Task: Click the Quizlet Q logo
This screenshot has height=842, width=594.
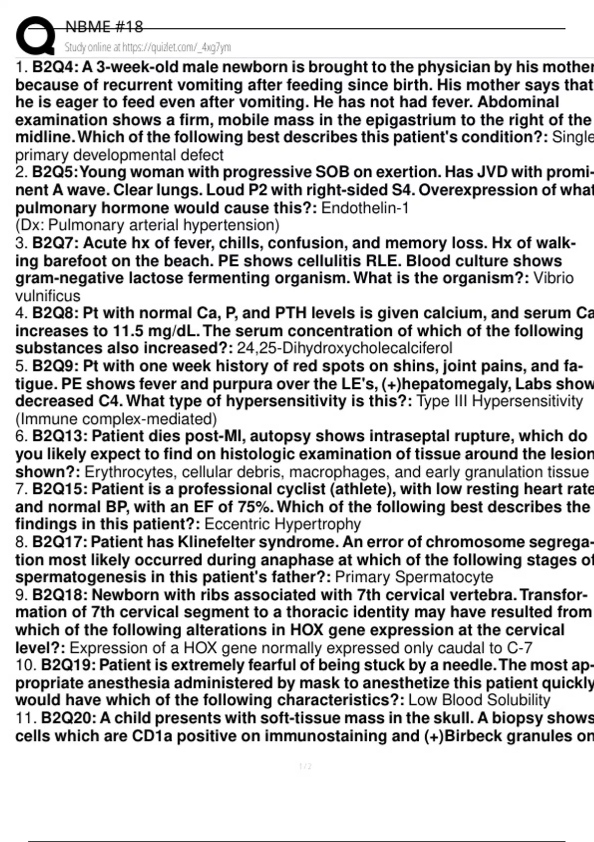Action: pos(35,36)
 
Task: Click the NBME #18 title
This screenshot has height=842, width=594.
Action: pos(104,26)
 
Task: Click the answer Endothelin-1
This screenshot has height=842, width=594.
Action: pos(365,208)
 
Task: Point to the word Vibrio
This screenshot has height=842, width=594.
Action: pos(553,278)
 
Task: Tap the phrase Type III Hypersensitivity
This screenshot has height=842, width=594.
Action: pos(499,401)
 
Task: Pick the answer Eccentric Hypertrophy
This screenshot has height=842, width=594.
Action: pos(283,524)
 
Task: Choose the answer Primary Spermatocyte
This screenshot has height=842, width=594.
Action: pos(414,578)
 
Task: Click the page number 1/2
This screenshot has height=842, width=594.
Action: pos(305,767)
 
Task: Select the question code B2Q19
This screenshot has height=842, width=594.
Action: pos(68,665)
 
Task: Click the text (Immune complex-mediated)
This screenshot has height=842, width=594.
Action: pos(116,420)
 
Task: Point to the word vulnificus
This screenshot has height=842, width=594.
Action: pos(48,296)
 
